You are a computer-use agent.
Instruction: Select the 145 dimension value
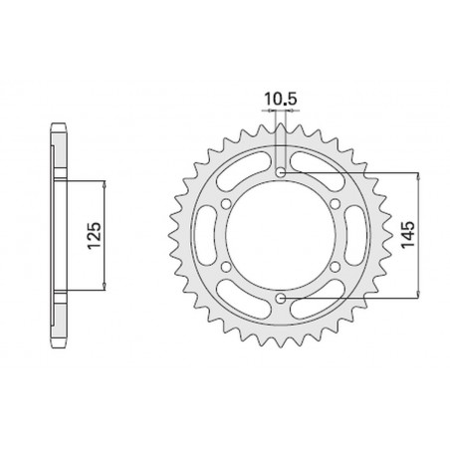click(x=408, y=236)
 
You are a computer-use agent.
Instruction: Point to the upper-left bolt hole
click(x=226, y=205)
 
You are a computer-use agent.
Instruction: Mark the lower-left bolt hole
click(x=226, y=268)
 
